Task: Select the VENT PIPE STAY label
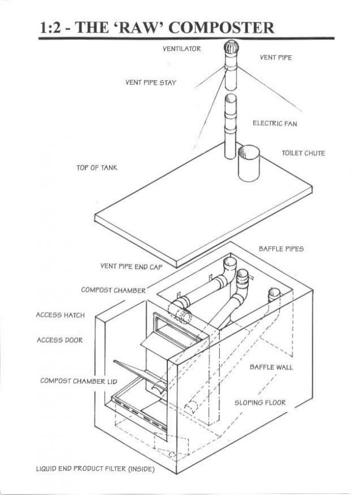pyautogui.click(x=151, y=82)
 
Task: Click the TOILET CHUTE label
pyautogui.click(x=303, y=153)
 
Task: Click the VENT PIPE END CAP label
pyautogui.click(x=132, y=267)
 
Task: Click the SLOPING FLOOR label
pyautogui.click(x=260, y=402)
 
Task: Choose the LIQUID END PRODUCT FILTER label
pyautogui.click(x=93, y=467)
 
